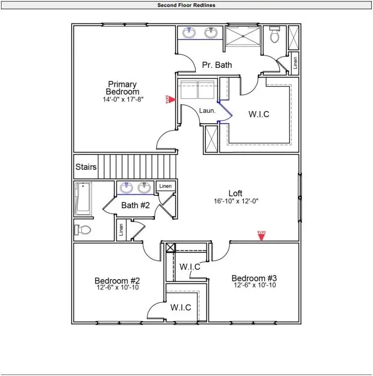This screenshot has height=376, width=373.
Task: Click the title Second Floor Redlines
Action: point(186,5)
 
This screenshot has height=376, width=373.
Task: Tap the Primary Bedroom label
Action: point(122,88)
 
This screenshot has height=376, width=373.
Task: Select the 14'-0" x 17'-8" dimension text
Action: point(123,99)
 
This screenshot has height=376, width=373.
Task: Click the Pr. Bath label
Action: point(216,65)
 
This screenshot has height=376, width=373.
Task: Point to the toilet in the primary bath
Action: point(275,36)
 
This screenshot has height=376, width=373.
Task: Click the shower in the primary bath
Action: point(243,37)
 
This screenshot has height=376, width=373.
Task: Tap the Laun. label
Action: point(207,111)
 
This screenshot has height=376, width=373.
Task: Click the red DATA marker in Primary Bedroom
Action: point(168,99)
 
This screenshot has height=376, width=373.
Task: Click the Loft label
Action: point(236,193)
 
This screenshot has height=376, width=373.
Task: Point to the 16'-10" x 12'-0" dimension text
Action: point(236,201)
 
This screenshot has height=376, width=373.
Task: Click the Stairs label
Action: point(86,167)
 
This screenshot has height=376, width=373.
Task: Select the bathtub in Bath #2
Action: point(83,199)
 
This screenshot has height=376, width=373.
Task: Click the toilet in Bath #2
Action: point(84,230)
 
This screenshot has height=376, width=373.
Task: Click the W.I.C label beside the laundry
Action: point(259,114)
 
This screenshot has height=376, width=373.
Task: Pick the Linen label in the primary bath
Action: point(295,63)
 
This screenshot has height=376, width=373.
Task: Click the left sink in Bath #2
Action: point(127,188)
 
